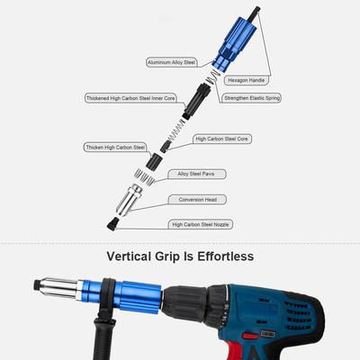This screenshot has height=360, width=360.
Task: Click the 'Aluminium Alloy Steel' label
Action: click(x=172, y=62)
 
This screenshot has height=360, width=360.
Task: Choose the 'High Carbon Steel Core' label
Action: click(x=222, y=139)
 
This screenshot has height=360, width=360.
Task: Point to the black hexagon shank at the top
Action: click(x=256, y=12)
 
